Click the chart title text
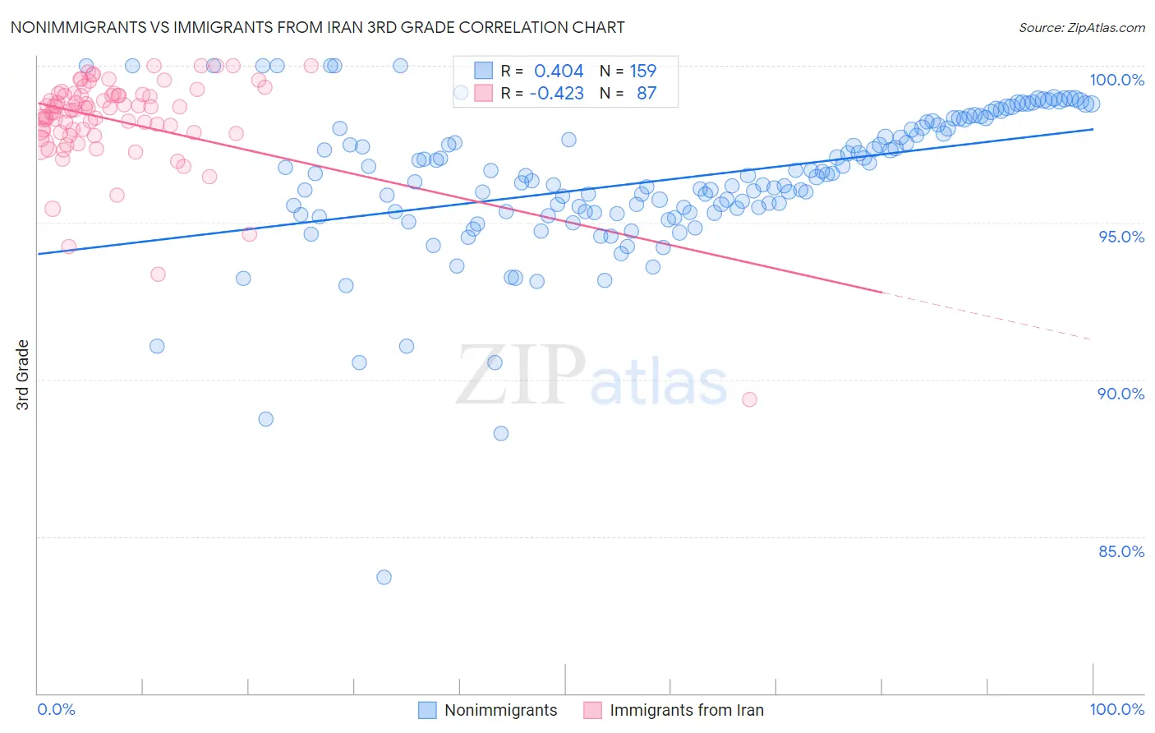click(317, 27)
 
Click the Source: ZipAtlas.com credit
click(1081, 27)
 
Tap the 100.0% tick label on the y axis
click(1116, 80)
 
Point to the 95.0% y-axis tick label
click(1121, 237)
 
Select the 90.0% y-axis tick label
click(1121, 394)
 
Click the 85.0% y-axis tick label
click(1121, 551)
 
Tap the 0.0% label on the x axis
click(56, 709)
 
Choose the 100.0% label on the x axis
click(1116, 709)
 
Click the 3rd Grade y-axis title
click(23, 375)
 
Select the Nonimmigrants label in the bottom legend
click(500, 710)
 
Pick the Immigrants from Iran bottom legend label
click(686, 710)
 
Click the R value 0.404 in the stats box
click(559, 71)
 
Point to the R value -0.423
click(556, 94)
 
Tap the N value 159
click(642, 71)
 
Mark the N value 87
click(647, 94)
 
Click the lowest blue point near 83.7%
click(384, 578)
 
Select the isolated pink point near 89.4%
click(749, 399)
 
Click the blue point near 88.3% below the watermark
click(501, 434)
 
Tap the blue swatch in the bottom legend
click(427, 710)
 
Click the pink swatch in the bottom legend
click(592, 710)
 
